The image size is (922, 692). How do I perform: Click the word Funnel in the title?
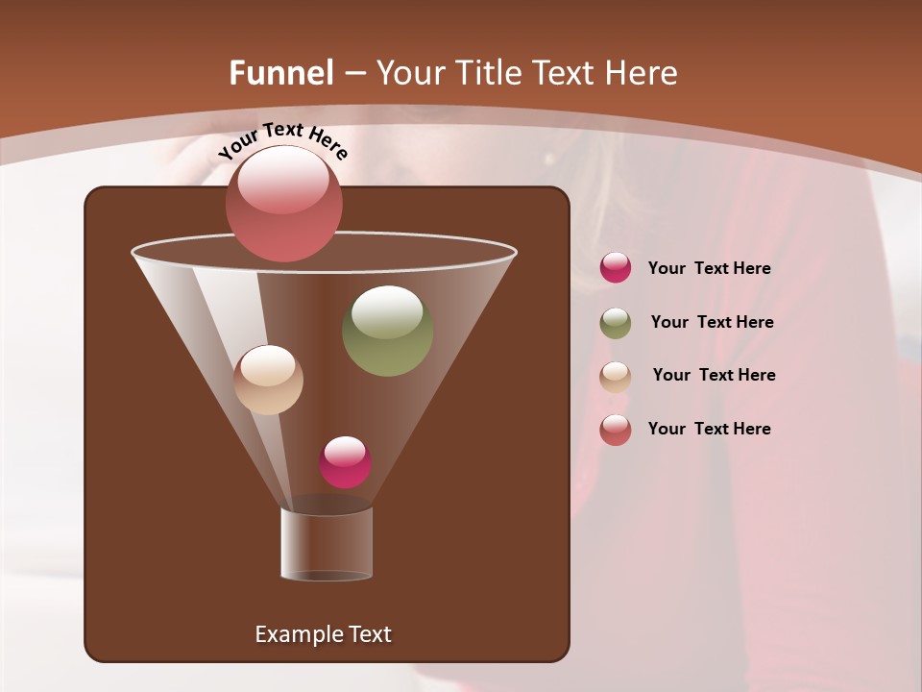point(280,73)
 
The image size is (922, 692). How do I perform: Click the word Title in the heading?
point(486,73)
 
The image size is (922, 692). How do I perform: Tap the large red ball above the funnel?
point(284,203)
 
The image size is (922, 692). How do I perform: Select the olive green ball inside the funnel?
point(387,331)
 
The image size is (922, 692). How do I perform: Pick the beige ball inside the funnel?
point(269,380)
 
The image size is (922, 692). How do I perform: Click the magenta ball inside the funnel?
point(345,462)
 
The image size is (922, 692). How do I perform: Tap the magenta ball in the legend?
point(616,267)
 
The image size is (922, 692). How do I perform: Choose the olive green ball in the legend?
point(616,323)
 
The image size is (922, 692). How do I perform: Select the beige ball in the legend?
point(616,377)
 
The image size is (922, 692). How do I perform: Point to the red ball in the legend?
point(616,430)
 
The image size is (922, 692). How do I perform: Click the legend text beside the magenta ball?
point(709,269)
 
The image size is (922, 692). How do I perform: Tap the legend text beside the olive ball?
point(712,323)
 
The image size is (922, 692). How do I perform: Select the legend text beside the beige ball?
point(714,376)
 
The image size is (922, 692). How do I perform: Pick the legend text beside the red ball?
point(709,430)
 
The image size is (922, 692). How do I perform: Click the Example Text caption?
point(323,634)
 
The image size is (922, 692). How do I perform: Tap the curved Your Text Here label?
point(282,140)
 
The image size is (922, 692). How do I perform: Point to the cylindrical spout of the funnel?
point(327,544)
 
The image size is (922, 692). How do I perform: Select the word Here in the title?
point(641,73)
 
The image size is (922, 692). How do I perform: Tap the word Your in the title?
point(403,73)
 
